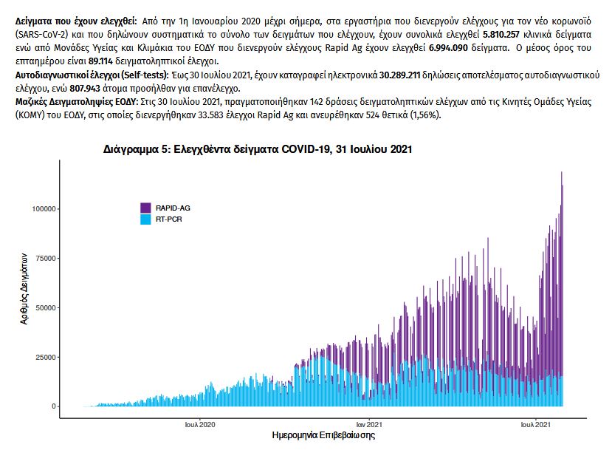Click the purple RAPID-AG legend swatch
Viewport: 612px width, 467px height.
pos(146,208)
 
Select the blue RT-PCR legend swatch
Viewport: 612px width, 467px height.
pos(146,219)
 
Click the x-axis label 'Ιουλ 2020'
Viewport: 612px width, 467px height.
pos(200,425)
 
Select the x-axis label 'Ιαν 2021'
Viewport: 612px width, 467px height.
pos(369,425)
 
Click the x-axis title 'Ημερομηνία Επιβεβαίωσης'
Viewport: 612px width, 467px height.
pos(324,437)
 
